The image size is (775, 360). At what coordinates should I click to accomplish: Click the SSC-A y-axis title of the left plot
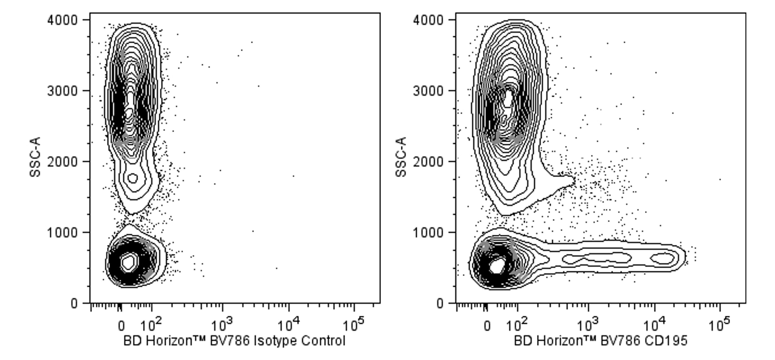(35, 157)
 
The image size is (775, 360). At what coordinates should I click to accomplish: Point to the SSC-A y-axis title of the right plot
(401, 157)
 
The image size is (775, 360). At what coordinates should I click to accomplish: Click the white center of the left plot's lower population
(128, 262)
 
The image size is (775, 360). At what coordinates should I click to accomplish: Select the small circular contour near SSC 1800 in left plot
(133, 178)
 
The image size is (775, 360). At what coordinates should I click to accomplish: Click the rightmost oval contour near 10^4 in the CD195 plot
(663, 258)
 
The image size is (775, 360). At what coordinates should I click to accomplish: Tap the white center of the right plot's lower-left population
(496, 266)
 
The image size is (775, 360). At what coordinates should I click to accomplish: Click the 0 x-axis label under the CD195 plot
(487, 326)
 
